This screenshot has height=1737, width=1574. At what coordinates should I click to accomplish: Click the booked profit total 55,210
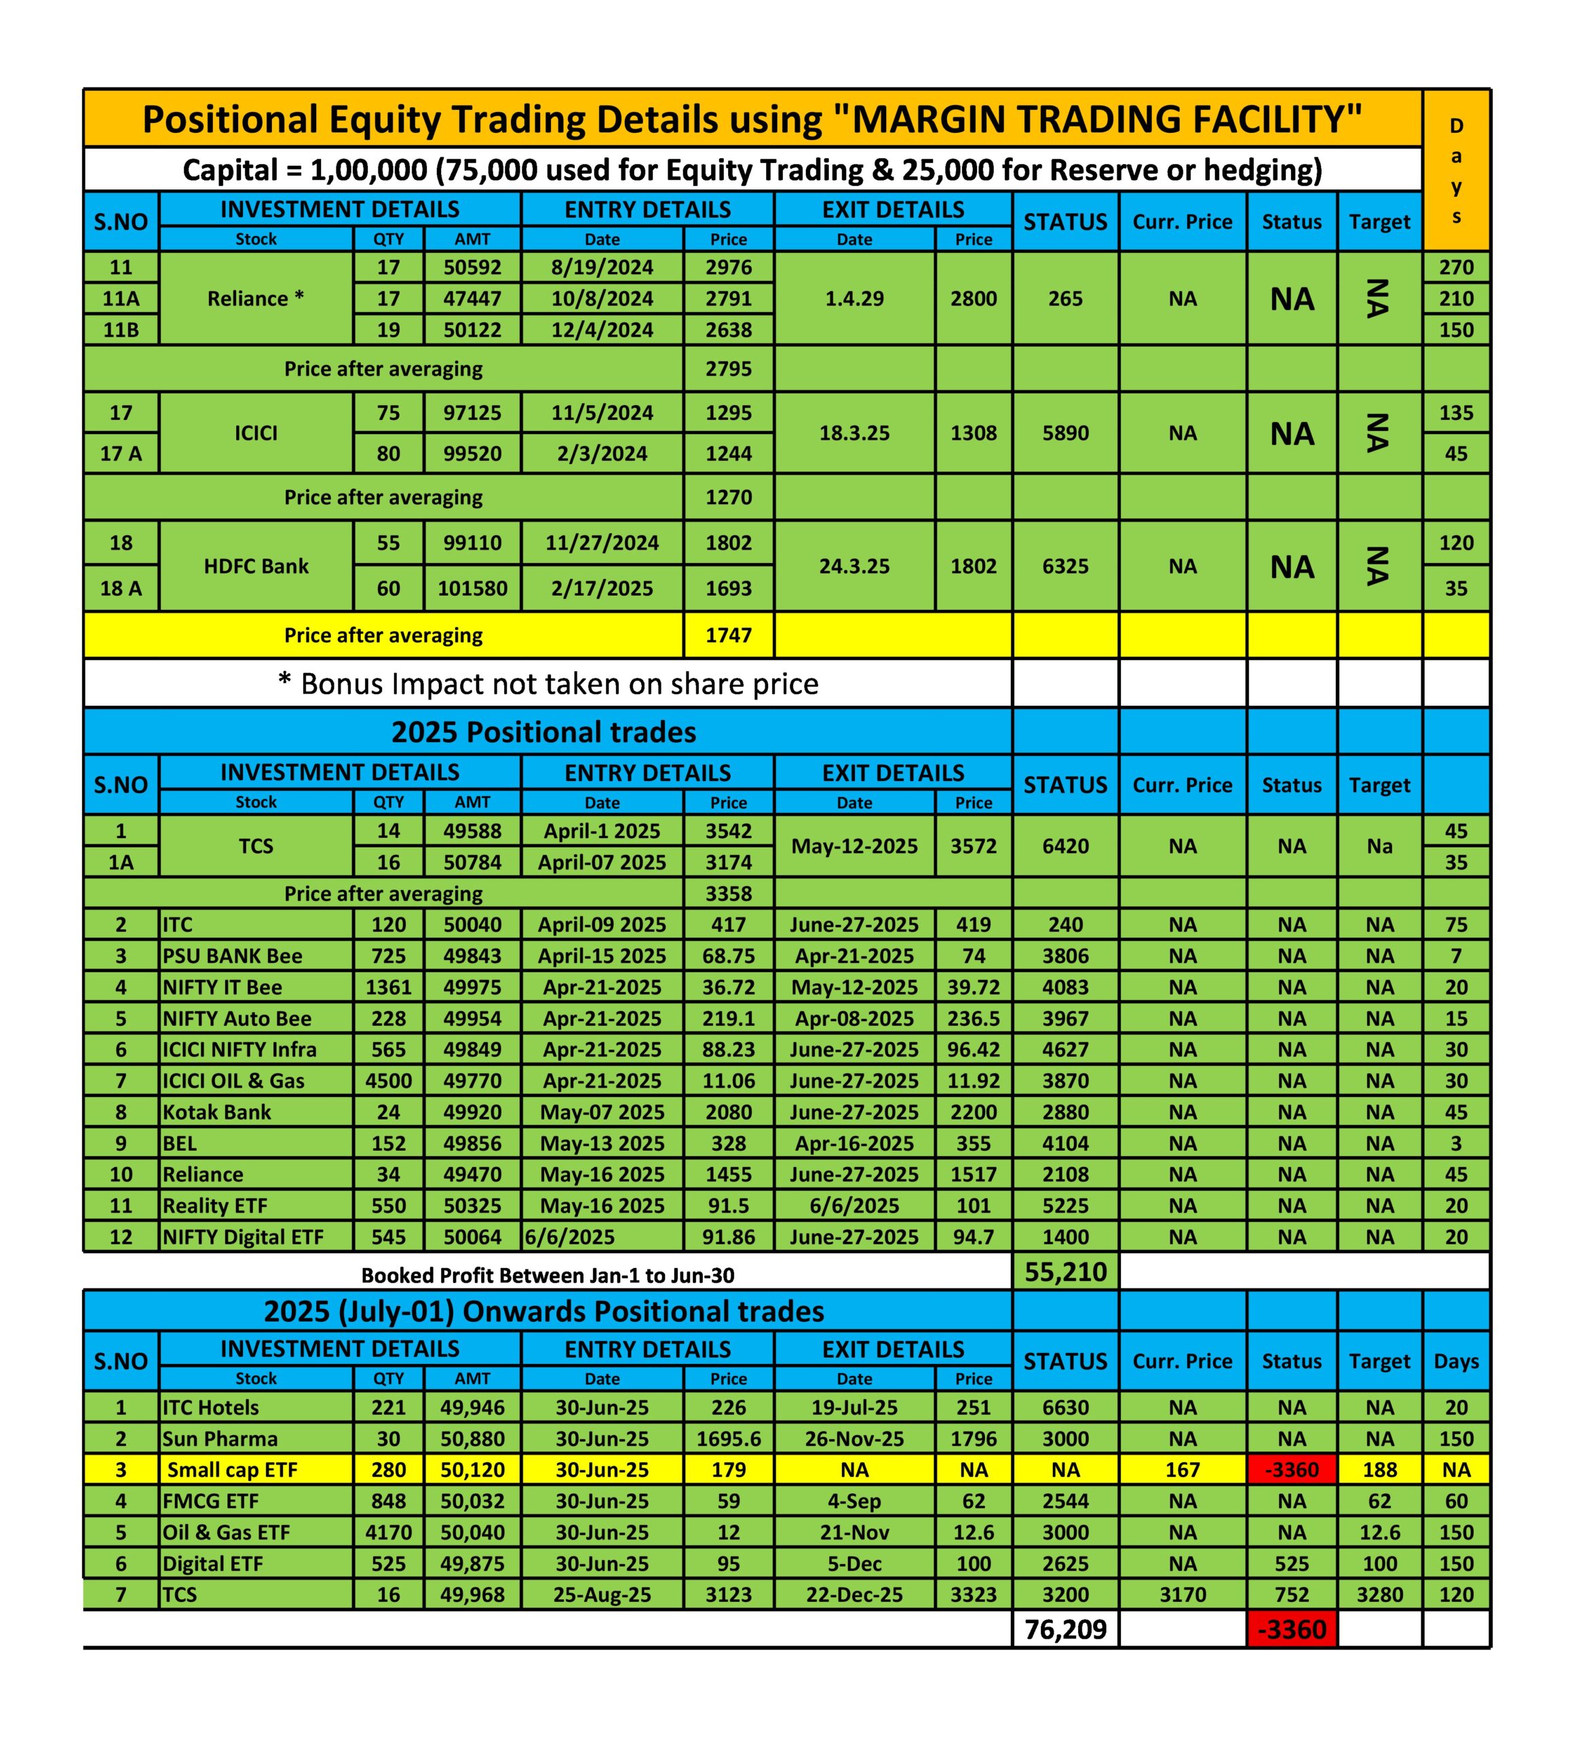[x=1065, y=1272]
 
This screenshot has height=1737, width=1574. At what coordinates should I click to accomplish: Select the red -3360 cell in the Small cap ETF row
[x=1290, y=1470]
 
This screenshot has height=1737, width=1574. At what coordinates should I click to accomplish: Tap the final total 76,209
[x=1065, y=1629]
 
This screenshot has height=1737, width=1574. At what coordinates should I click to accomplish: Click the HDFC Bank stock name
[x=256, y=566]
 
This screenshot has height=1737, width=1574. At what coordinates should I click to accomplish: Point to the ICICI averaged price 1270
[x=728, y=497]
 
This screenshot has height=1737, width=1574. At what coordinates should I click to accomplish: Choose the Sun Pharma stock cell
[x=220, y=1439]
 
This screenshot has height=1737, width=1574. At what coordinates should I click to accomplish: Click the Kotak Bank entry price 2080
[x=728, y=1112]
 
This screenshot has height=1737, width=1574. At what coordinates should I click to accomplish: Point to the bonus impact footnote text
[x=548, y=684]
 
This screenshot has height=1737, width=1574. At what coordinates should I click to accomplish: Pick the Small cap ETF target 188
[x=1379, y=1470]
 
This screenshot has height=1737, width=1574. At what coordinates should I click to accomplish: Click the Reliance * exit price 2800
[x=973, y=299]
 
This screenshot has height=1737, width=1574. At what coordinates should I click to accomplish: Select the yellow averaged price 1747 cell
[x=728, y=635]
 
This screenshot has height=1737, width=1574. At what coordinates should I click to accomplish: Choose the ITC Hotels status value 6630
[x=1065, y=1408]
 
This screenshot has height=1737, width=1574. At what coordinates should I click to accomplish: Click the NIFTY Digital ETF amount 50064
[x=472, y=1237]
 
